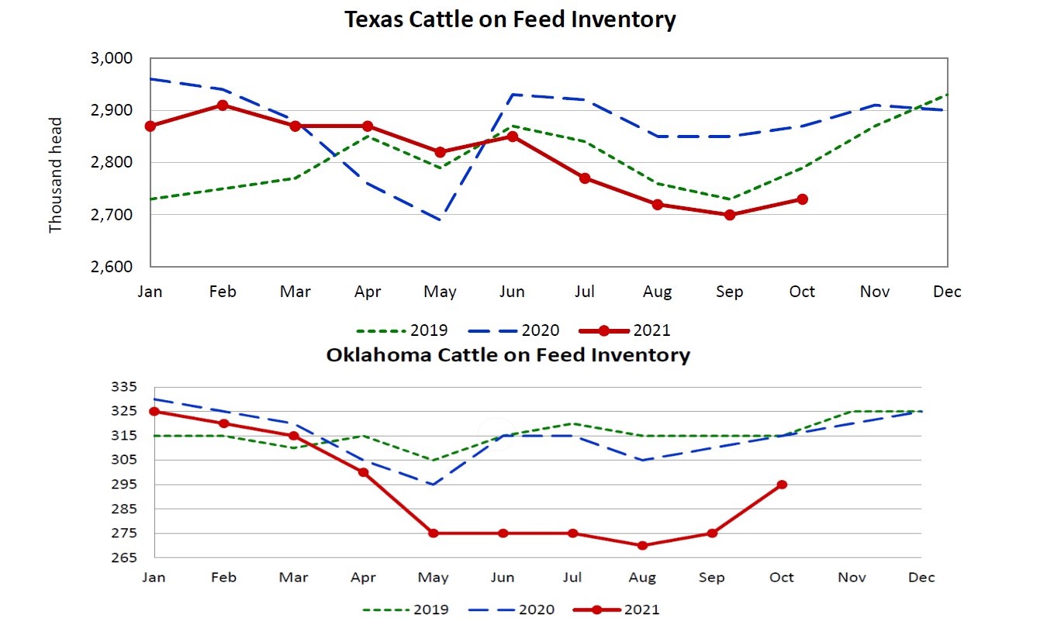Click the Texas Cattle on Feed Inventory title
pos(510,20)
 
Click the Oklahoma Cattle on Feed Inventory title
pos(508,355)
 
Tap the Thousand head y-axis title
pos(55,175)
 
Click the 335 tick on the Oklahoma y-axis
pos(124,387)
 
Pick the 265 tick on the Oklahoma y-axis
pos(124,558)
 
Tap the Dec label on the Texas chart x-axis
pos(947,292)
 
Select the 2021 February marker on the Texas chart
pos(223,105)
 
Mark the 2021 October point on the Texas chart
pos(802,199)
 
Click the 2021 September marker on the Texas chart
pos(730,215)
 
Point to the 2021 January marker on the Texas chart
pos(150,126)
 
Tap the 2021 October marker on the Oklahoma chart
pos(782,485)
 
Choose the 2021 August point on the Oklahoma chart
pos(642,545)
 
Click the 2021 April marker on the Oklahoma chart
pos(363,472)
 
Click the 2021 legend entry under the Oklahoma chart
pos(617,610)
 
